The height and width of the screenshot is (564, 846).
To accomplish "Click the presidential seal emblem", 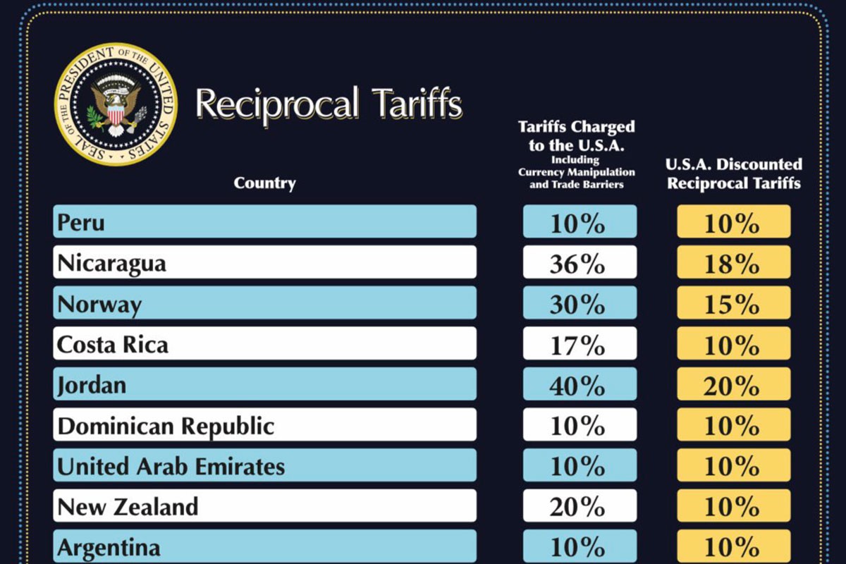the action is click(116, 104).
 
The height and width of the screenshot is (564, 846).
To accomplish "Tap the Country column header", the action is click(265, 183).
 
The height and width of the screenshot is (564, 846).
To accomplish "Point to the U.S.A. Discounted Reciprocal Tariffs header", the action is click(734, 173).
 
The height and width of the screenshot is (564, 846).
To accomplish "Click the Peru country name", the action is click(81, 223).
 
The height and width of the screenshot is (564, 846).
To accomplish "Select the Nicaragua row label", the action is click(112, 263).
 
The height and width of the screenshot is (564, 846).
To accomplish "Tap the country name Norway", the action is click(99, 304).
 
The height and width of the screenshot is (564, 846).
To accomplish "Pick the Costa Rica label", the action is click(113, 345).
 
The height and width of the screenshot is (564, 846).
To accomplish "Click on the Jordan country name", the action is click(92, 386).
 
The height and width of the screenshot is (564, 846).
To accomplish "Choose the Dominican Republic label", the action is click(166, 426).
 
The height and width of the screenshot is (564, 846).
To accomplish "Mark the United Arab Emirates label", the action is click(171, 466).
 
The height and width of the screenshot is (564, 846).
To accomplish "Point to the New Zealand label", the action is click(128, 507).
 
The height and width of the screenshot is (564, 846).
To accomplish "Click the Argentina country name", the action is click(109, 548).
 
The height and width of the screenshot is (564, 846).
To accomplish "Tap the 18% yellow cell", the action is click(734, 262).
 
